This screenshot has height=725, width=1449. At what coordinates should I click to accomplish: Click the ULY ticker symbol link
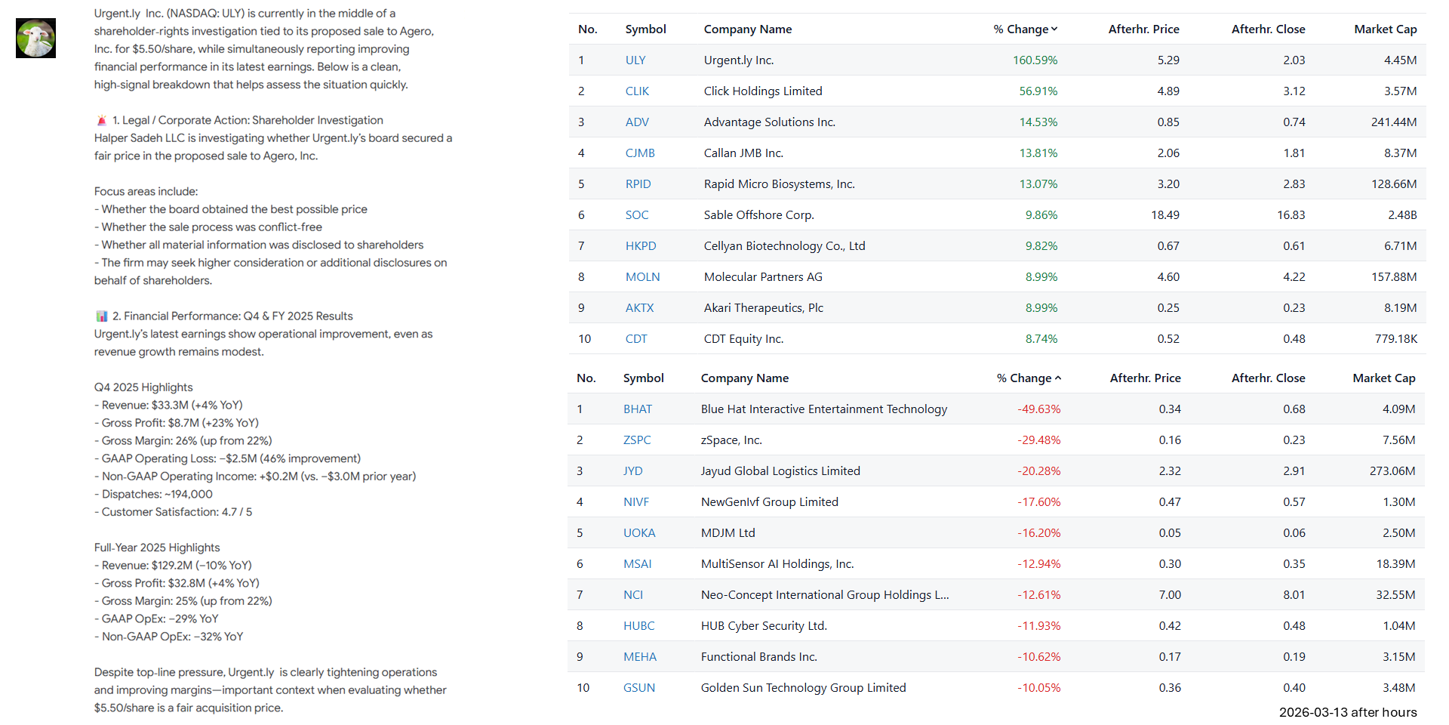coord(635,60)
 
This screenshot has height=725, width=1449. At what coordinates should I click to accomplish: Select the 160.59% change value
coord(1035,60)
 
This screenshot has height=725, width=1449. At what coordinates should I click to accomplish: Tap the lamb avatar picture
coord(35,39)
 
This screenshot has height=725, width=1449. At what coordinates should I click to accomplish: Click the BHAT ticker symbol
coord(637,409)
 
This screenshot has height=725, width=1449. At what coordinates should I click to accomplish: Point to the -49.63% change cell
coord(1038,409)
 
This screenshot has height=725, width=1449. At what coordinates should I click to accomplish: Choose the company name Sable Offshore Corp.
coord(758,215)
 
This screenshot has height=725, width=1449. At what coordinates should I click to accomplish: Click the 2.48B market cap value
coord(1401,215)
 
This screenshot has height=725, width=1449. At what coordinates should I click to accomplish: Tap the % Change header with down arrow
coord(1025,29)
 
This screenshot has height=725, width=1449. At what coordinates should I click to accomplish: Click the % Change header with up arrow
coord(1028,378)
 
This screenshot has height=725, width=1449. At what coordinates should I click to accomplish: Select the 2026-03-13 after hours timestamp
coord(1347,712)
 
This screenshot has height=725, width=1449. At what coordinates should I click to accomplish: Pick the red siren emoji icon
coord(102,121)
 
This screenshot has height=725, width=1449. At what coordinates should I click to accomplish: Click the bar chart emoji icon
coord(102,316)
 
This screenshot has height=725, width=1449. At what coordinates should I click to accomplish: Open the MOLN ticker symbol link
coord(642,277)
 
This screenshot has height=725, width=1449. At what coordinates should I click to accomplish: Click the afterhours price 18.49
coord(1164,215)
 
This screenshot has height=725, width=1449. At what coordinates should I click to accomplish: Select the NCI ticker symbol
coord(632,595)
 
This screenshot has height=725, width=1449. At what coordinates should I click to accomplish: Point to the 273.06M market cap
coord(1392,471)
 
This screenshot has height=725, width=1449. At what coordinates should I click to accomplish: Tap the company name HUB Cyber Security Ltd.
coord(764,626)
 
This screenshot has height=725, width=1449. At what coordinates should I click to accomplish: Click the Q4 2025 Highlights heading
coord(143,387)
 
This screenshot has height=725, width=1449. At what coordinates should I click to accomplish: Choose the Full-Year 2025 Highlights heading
coord(157,548)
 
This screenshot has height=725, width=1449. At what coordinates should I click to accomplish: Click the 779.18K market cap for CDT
coord(1395,339)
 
